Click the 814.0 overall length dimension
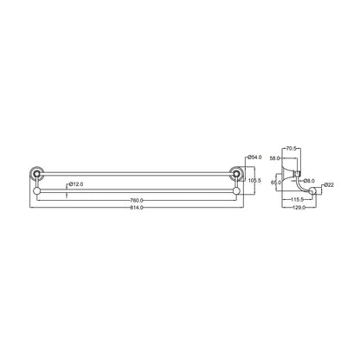tap(137, 208)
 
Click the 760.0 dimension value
tap(137, 201)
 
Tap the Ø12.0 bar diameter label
tap(76, 184)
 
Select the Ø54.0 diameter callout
tap(255, 156)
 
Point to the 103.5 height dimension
tap(255, 180)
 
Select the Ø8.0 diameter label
tap(309, 180)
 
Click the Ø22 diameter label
tap(330, 185)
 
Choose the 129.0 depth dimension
tap(299, 208)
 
